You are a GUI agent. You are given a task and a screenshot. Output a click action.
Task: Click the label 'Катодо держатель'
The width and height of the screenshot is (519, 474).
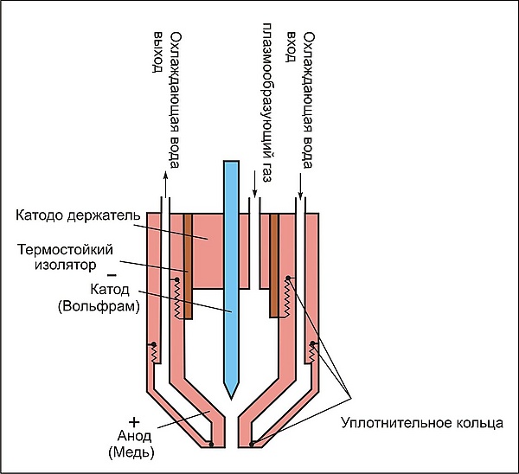point(73,214)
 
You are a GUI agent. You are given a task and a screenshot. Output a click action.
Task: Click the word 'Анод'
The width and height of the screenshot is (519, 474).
point(131,435)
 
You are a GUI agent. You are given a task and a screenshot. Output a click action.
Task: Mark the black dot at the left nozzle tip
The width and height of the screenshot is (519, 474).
point(212,445)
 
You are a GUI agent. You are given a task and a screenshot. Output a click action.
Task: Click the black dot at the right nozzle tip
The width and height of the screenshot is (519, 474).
point(252,445)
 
